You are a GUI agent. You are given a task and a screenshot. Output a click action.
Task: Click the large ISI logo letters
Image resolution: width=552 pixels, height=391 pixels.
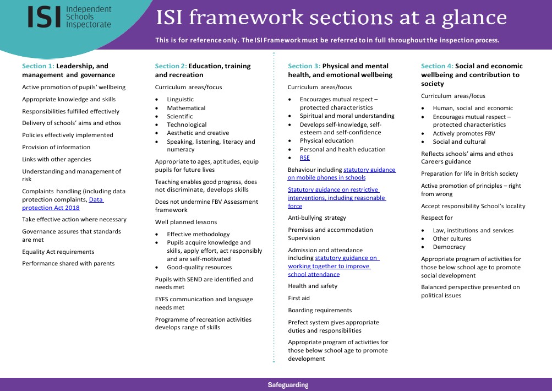[x=45, y=17]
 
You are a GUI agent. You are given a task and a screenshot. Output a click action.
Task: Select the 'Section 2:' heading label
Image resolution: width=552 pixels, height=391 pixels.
[x=171, y=66]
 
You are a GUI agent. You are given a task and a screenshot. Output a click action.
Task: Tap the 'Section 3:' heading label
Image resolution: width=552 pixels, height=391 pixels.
[x=304, y=66]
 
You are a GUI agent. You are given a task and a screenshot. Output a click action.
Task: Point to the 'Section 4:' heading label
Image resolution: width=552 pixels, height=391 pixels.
[x=437, y=66]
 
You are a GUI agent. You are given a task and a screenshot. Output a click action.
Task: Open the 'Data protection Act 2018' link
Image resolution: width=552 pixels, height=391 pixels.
[x=63, y=204]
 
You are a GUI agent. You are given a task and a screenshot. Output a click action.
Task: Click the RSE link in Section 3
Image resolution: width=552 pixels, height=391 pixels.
[x=305, y=158]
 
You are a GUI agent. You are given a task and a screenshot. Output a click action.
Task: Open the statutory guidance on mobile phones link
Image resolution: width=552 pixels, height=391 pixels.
[x=341, y=173]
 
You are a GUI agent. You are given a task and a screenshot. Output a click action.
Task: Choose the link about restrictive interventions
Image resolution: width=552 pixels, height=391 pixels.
[x=337, y=198]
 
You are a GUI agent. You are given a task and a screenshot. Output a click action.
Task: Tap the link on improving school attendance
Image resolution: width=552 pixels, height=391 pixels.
[x=333, y=266]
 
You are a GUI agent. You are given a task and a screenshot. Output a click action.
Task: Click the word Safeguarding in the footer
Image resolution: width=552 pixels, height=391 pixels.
[x=288, y=385]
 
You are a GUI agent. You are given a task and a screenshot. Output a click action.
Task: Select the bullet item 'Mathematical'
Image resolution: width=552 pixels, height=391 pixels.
[x=186, y=108]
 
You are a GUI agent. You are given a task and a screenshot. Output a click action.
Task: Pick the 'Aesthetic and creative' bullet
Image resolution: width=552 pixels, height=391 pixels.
[x=198, y=133]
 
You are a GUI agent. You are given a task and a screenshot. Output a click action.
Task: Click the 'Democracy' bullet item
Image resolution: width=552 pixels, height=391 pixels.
[x=449, y=247]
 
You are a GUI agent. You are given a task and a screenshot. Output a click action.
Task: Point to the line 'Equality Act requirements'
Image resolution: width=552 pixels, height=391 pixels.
[x=58, y=252]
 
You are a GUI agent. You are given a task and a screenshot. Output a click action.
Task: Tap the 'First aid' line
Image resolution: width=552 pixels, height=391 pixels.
[x=299, y=298]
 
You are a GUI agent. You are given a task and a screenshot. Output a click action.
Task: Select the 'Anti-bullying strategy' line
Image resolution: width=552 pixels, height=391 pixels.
[x=317, y=218]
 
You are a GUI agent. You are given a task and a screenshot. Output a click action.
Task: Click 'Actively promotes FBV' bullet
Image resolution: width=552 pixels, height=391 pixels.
[x=464, y=133]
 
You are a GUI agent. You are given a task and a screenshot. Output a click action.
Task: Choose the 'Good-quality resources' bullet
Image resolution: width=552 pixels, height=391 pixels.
[x=199, y=267]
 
